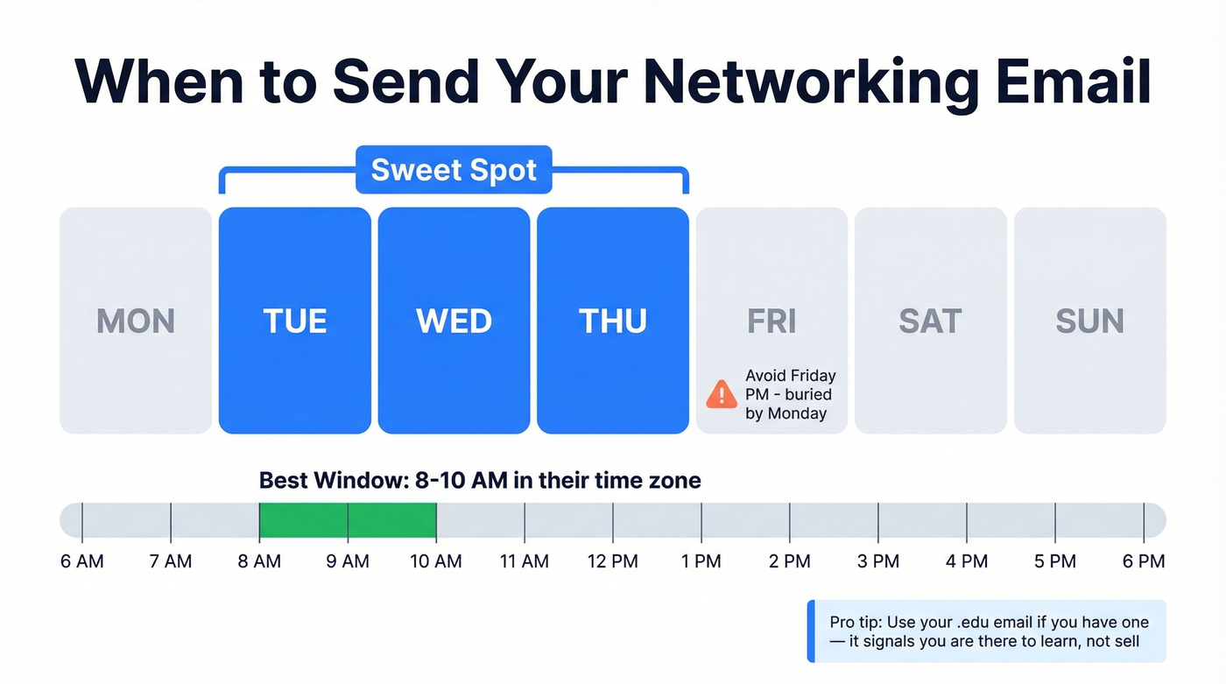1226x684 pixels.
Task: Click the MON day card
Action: click(x=136, y=321)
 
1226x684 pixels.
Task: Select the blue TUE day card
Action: click(x=295, y=321)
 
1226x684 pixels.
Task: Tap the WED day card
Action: click(x=454, y=321)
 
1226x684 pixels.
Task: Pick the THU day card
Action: click(x=613, y=321)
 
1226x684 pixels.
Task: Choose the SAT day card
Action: click(x=930, y=321)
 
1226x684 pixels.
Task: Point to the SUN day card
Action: click(x=1089, y=321)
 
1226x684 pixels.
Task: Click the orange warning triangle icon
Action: click(x=722, y=394)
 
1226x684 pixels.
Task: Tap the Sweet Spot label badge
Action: click(x=454, y=170)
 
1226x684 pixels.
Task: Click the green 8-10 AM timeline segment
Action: click(x=348, y=520)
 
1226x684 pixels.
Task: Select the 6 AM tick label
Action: click(x=82, y=561)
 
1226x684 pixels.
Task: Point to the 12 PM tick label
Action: click(x=613, y=561)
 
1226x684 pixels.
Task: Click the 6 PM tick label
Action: click(x=1144, y=561)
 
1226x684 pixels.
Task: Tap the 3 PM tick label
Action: click(x=878, y=561)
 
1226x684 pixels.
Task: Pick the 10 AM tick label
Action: click(x=436, y=561)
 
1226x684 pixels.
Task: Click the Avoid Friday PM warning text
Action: click(x=790, y=394)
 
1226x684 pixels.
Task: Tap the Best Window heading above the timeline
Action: click(x=480, y=480)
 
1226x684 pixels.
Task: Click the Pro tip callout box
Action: click(x=987, y=631)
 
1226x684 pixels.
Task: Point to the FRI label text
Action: click(x=772, y=321)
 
